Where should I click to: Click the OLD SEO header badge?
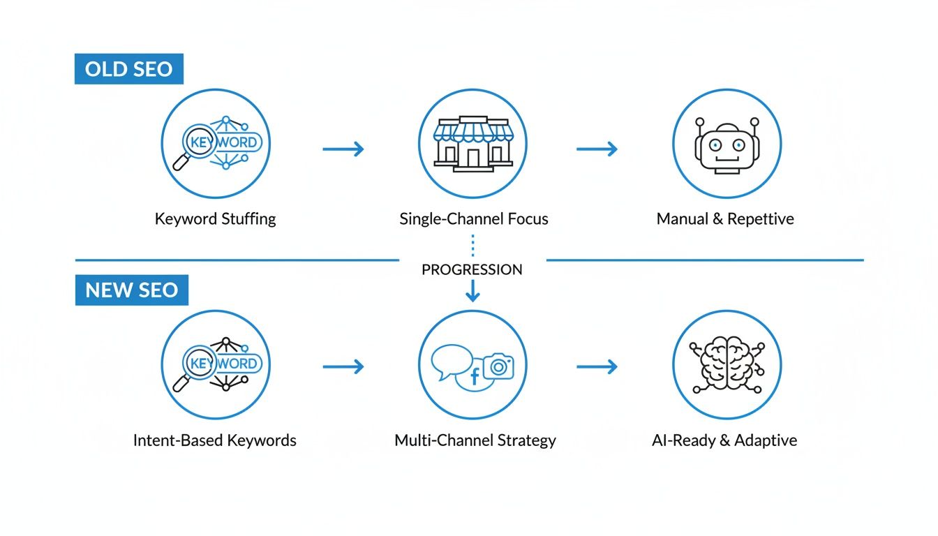click(x=128, y=70)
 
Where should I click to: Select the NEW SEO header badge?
click(x=131, y=290)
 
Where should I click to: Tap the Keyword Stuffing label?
click(x=215, y=218)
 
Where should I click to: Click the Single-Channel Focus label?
click(x=473, y=218)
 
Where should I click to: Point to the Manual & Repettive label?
click(x=725, y=218)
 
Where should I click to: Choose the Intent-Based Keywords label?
click(x=214, y=440)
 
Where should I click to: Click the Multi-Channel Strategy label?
click(x=475, y=440)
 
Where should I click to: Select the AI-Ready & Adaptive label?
click(x=725, y=440)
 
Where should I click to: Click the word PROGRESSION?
click(x=472, y=269)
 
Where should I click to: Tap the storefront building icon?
click(x=472, y=144)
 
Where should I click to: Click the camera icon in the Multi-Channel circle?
click(x=498, y=366)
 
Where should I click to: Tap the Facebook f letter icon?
click(x=475, y=378)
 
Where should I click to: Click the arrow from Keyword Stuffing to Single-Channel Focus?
click(x=343, y=149)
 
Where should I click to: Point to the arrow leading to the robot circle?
click(x=597, y=149)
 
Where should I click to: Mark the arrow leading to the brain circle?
click(x=597, y=366)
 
